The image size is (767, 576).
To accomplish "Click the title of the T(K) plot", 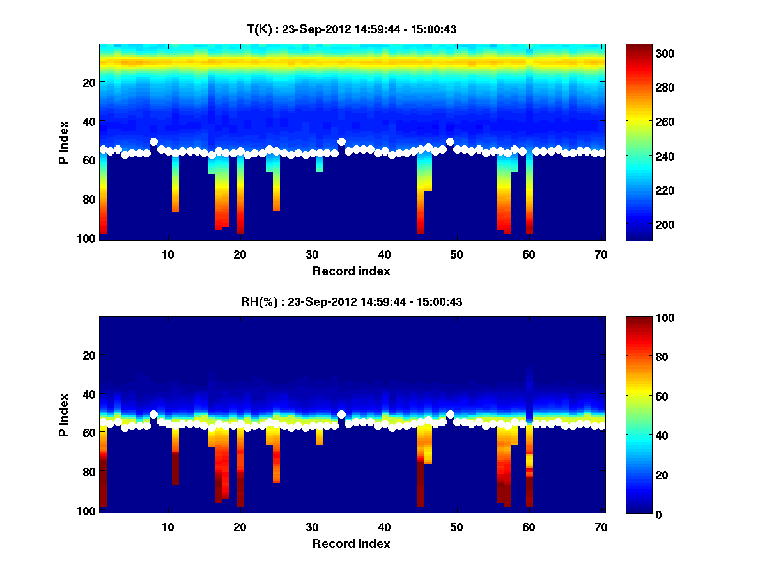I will point(352,29).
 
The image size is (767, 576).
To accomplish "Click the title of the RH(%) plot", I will point(352,301).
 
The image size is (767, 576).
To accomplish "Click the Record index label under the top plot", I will point(352,271).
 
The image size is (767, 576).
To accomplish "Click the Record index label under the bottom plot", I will point(352,543).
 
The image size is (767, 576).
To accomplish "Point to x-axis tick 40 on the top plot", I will point(384,253).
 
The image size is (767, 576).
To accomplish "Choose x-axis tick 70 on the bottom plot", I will point(601,526).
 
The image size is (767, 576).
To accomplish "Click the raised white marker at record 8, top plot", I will point(153,142).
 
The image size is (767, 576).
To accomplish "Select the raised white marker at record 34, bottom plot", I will point(341,414).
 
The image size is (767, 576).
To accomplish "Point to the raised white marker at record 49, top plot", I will point(450,141).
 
